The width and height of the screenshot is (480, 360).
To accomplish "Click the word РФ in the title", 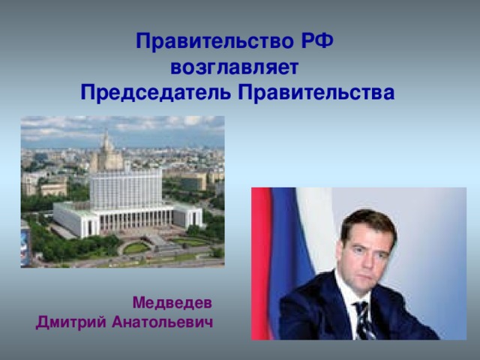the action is [316, 40].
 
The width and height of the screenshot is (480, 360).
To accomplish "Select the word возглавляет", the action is [234, 67].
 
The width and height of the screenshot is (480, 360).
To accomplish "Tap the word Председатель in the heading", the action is [155, 92].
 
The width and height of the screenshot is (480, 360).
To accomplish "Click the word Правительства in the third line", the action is [316, 92].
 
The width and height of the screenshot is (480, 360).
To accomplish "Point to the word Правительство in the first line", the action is [215, 40].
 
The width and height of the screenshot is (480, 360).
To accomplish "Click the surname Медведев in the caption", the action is [172, 303].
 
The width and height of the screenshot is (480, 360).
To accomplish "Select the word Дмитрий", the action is [71, 322].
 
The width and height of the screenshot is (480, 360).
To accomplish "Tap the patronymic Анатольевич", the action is [162, 322].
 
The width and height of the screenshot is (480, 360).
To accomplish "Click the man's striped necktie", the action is [364, 320].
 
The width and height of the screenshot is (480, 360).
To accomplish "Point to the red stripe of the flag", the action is [262, 263].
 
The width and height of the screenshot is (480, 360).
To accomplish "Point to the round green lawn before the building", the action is [136, 247].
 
